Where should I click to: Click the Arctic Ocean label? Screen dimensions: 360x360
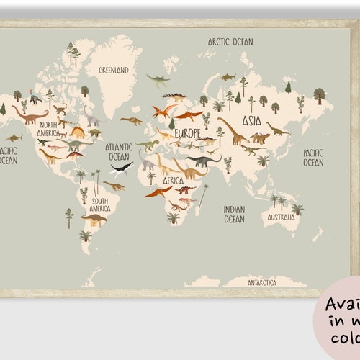(230, 42)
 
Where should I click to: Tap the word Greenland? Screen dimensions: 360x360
(113, 70)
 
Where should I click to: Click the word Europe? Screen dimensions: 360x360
(187, 133)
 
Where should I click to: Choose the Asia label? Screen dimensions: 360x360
(251, 120)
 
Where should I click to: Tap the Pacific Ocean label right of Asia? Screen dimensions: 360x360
(312, 158)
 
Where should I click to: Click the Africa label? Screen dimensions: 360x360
(173, 181)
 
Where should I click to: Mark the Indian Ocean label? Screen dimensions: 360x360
(234, 214)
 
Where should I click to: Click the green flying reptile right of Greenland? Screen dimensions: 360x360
(156, 79)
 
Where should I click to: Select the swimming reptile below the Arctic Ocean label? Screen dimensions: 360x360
(228, 76)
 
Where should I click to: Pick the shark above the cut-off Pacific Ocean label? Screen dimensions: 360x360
(14, 137)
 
